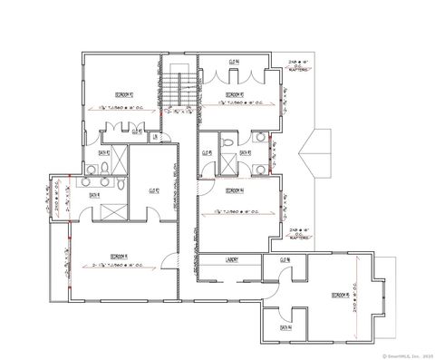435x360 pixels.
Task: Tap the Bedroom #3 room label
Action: [x=234, y=93]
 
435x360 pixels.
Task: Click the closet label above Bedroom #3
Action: [x=234, y=62]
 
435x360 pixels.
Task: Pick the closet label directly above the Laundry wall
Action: [x=284, y=260]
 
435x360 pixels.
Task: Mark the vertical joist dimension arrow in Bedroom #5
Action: [x=362, y=290]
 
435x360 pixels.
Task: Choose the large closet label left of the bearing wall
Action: [x=153, y=190]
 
